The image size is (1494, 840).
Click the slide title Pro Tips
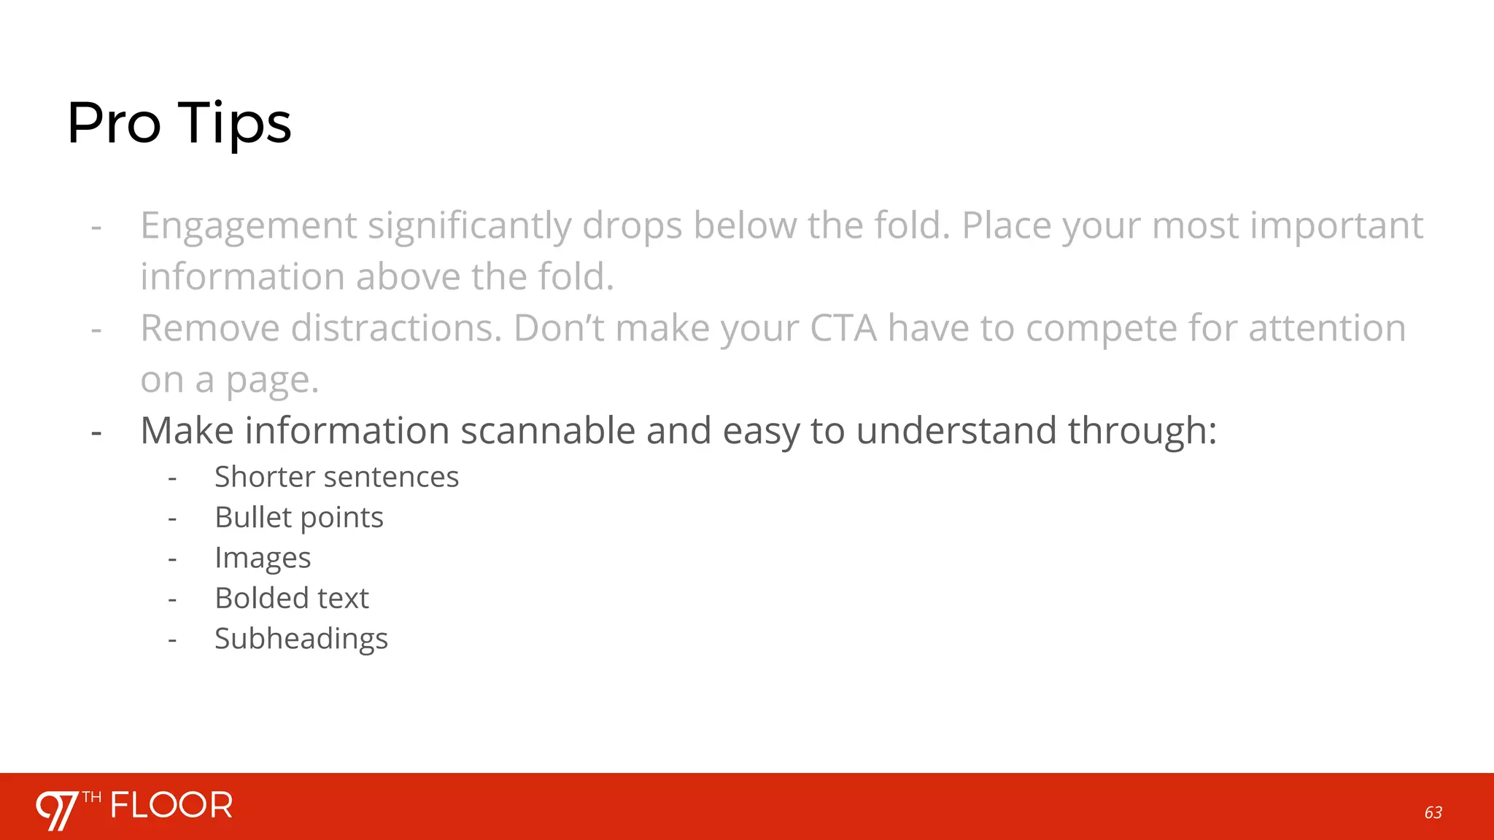click(x=179, y=122)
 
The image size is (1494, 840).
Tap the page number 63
click(x=1433, y=812)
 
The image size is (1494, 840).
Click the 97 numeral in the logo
click(x=57, y=809)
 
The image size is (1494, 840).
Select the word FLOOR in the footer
click(x=171, y=806)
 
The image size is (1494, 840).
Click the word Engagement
click(x=249, y=225)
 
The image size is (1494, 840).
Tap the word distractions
click(x=396, y=328)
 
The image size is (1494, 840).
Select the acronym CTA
click(x=843, y=328)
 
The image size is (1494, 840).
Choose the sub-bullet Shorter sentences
click(x=336, y=477)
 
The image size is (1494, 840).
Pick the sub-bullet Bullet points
click(x=298, y=518)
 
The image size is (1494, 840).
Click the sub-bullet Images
click(x=263, y=558)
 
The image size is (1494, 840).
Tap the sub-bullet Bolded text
click(x=292, y=598)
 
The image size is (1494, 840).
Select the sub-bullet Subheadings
click(x=301, y=639)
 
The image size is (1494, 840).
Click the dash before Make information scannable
click(x=96, y=432)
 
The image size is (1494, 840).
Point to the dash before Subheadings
click(x=172, y=640)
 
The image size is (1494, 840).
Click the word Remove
click(x=210, y=328)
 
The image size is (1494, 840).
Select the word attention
click(x=1327, y=328)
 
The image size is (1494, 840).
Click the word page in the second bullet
click(x=272, y=381)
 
